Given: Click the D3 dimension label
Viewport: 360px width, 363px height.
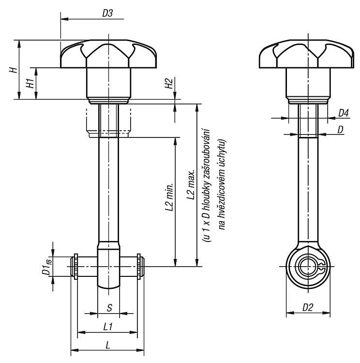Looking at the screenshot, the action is pyautogui.click(x=107, y=13).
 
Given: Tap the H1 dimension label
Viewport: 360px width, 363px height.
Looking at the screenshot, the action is pyautogui.click(x=30, y=83).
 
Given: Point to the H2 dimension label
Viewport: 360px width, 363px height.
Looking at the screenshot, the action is pyautogui.click(x=169, y=84).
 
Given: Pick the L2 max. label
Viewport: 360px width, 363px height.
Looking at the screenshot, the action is pyautogui.click(x=191, y=185).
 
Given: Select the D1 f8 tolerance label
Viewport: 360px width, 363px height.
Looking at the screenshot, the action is pyautogui.click(x=46, y=267).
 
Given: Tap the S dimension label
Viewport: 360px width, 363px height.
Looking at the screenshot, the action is pyautogui.click(x=109, y=308).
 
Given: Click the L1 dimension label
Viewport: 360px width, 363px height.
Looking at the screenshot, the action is pyautogui.click(x=107, y=327).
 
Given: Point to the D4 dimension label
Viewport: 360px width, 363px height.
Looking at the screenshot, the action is pyautogui.click(x=344, y=113).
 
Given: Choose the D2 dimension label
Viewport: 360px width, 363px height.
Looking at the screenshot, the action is pyautogui.click(x=308, y=307).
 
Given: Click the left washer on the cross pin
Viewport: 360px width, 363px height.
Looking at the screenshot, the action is pyautogui.click(x=75, y=267).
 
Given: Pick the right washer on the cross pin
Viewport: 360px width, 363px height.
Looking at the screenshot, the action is pyautogui.click(x=139, y=267).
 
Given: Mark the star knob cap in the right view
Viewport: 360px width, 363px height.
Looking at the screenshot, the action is pyautogui.click(x=306, y=54).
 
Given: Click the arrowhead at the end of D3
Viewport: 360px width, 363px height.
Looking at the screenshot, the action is pyautogui.click(x=64, y=19).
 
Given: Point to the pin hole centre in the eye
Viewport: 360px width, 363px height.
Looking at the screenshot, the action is pyautogui.click(x=308, y=267).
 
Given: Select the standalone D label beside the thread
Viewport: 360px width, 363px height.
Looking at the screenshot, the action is pyautogui.click(x=340, y=130).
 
